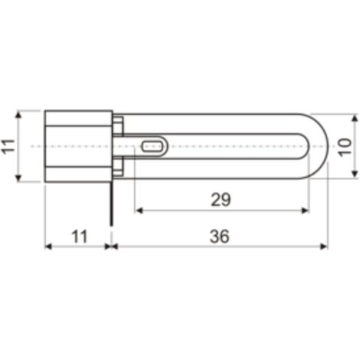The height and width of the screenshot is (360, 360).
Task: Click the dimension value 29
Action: [221, 200]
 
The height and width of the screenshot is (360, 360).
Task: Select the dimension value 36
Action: [220, 236]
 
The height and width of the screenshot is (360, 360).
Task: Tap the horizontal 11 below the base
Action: [80, 237]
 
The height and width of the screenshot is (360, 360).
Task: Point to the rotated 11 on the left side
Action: [8, 146]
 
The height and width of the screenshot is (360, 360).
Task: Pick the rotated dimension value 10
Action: [345, 147]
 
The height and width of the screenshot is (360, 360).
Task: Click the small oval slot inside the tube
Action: [152, 146]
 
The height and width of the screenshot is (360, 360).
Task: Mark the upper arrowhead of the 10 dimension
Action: [355, 118]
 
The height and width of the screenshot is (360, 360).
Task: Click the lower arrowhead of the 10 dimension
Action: [355, 174]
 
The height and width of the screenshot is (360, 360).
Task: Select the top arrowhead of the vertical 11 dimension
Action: [18, 115]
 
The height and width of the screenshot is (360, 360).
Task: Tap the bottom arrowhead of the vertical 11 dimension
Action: [18, 178]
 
